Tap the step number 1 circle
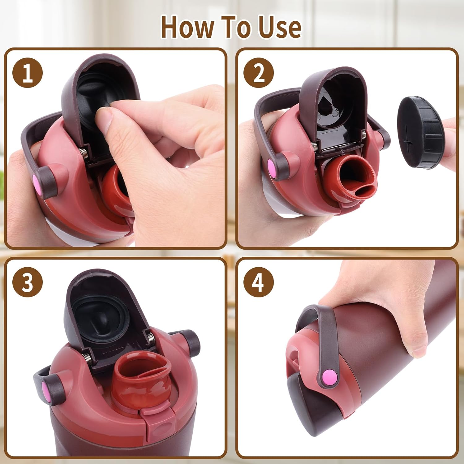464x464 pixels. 28,73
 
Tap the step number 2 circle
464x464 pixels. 259,73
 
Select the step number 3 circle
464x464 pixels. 28,282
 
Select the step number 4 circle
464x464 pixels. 259,282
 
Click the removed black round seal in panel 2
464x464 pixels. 421,133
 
